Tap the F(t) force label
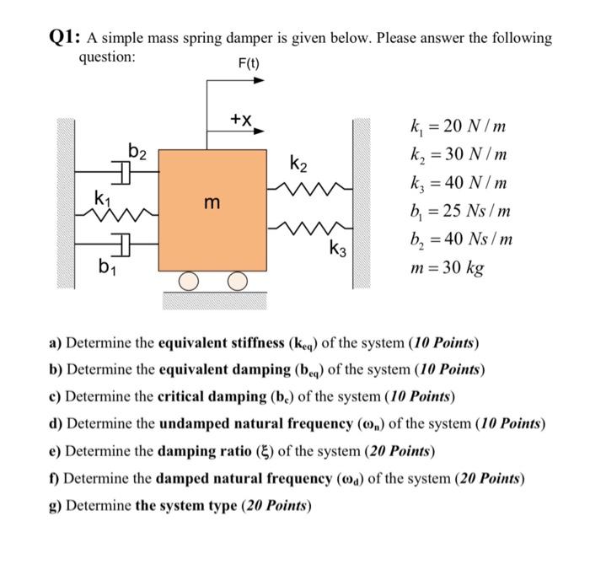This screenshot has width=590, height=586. pos(249,63)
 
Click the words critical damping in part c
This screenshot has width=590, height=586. pos(209,395)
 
